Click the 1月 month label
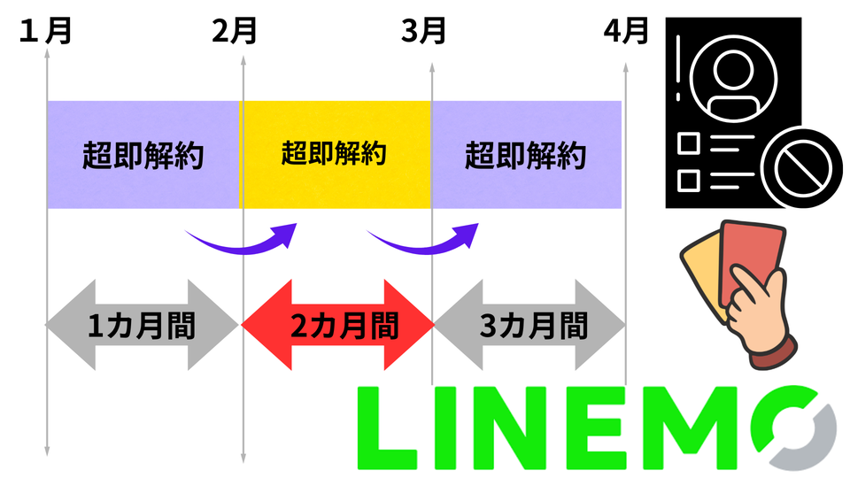(45, 33)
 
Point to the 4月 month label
(625, 33)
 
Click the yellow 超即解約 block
(334, 155)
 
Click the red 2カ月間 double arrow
(336, 326)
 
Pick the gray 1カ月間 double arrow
(143, 326)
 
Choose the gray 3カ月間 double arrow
(529, 326)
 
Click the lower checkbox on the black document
(689, 178)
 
